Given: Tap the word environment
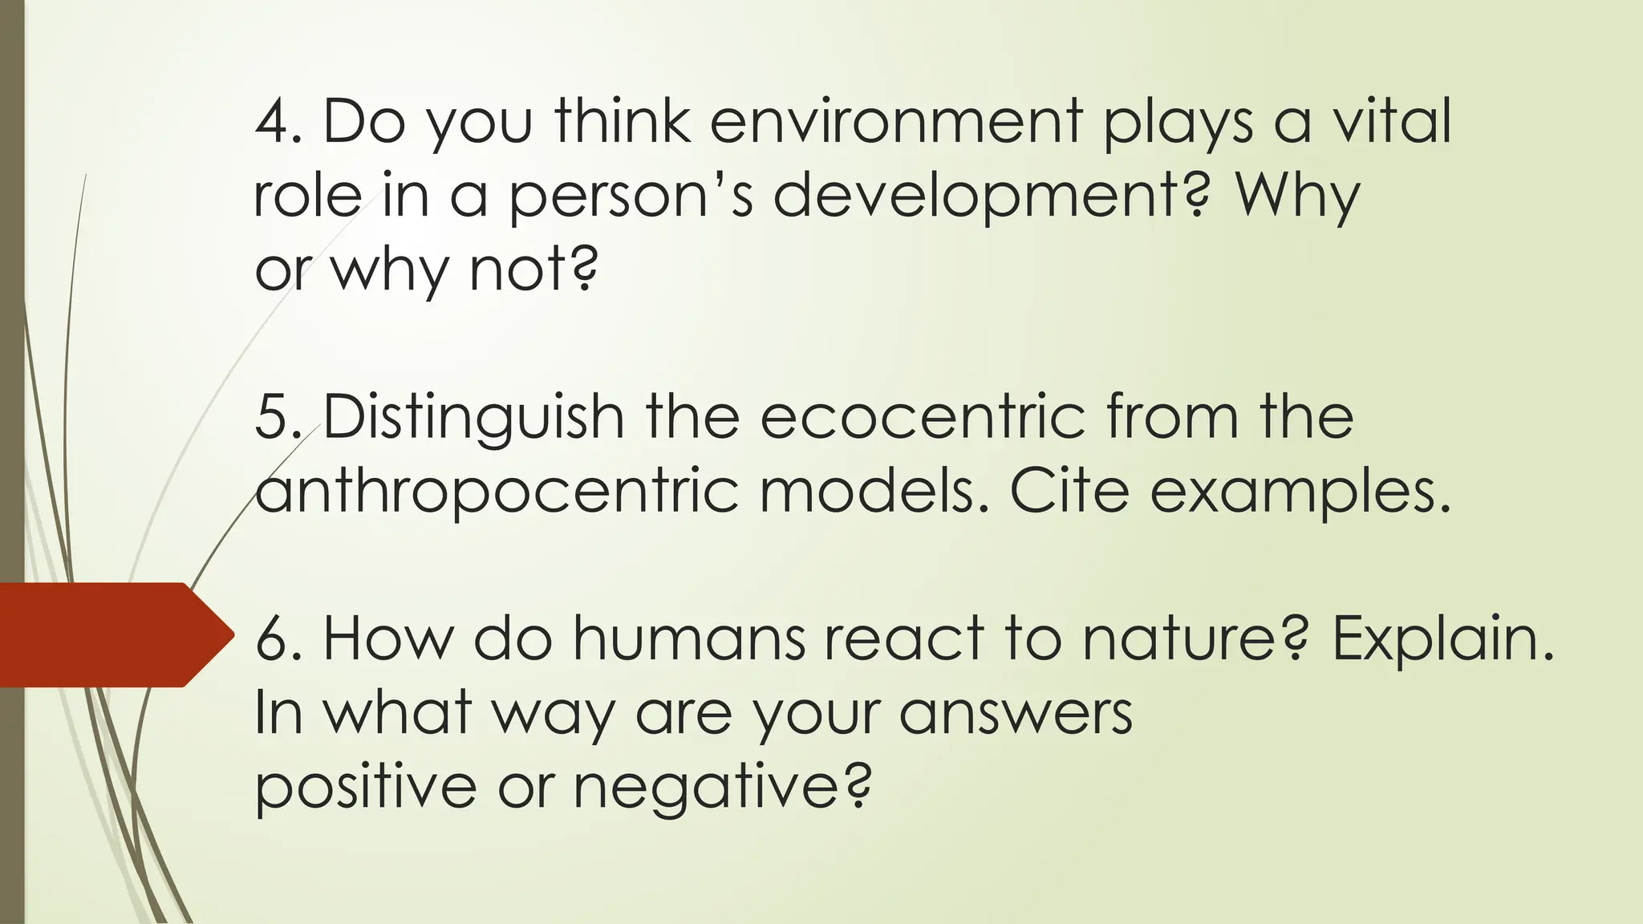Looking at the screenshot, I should point(896,122).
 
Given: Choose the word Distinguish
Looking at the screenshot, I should point(473,419).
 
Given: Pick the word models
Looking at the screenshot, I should point(874,490).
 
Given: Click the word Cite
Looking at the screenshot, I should point(1069,490).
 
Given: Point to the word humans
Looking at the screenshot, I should point(689,639).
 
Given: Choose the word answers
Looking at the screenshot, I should point(1015,713).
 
